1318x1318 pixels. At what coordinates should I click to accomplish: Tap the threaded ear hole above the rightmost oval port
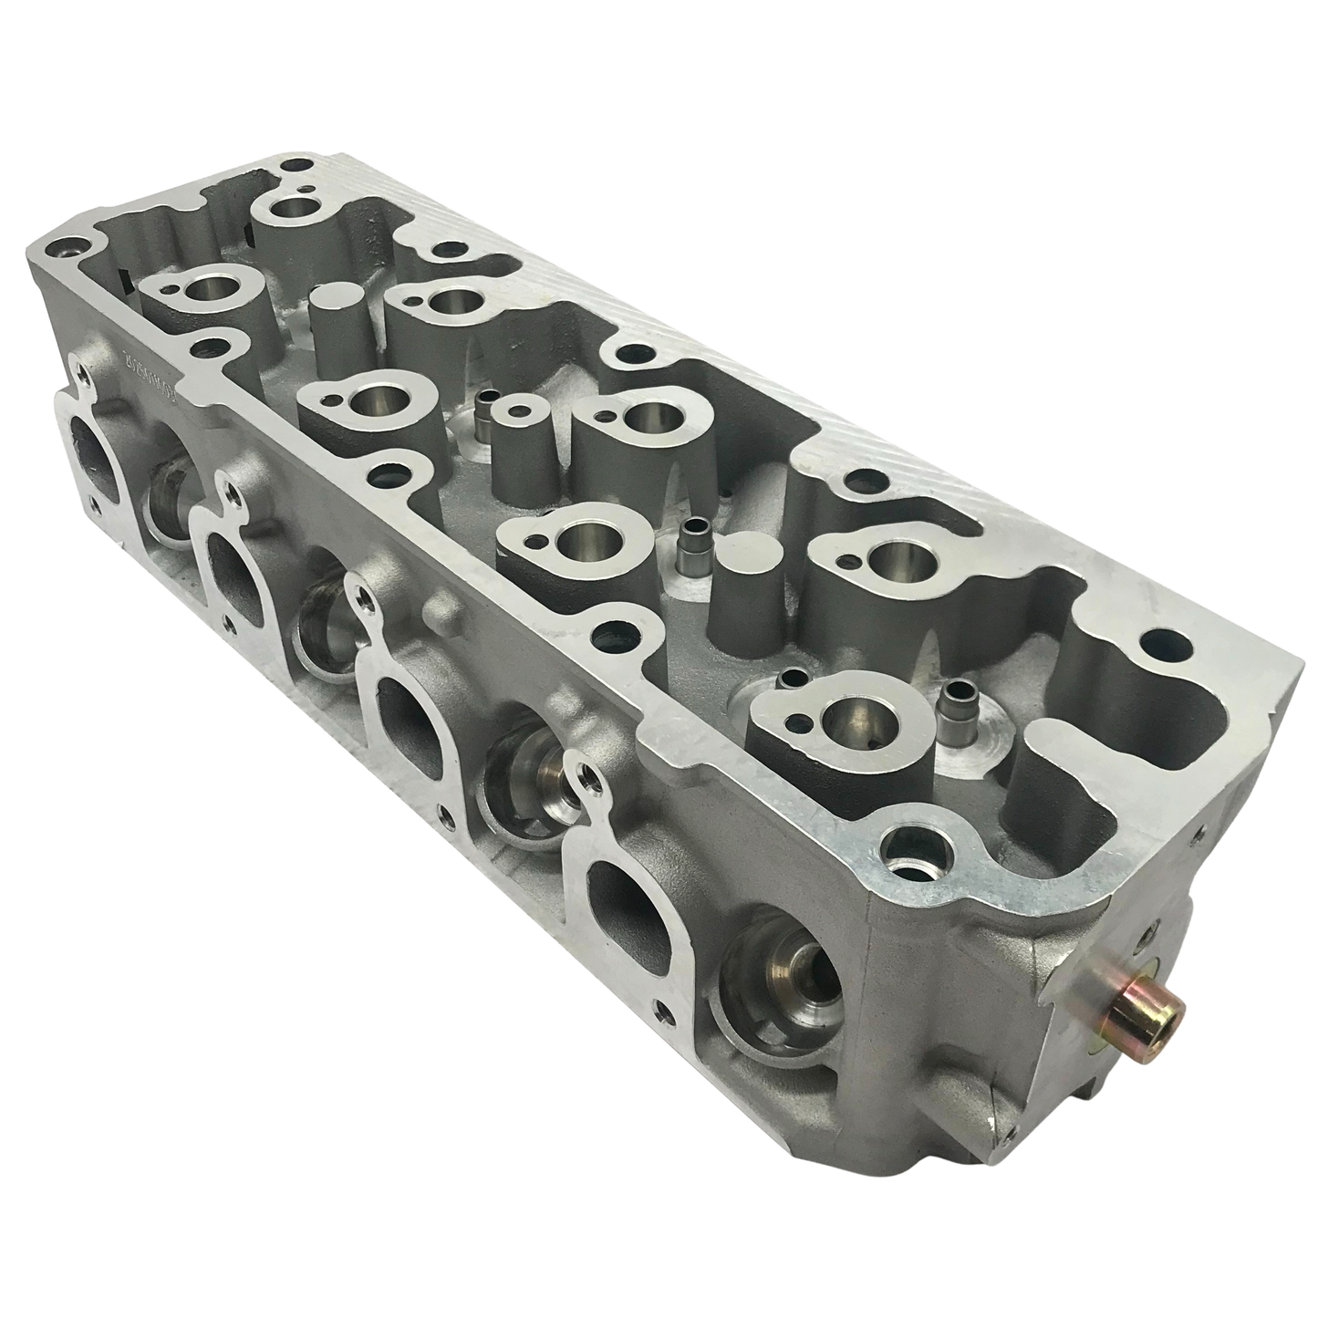coord(594,778)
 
